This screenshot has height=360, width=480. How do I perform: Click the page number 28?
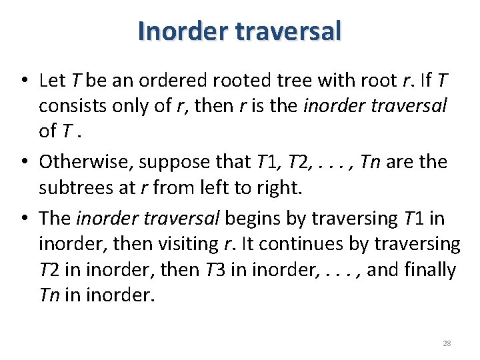click(447, 343)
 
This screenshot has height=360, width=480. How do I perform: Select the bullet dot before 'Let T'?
click(23, 81)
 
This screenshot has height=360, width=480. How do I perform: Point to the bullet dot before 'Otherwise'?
click(23, 162)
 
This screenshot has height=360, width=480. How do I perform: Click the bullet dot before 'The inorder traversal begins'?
click(23, 219)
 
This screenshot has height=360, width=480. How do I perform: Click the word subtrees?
click(73, 188)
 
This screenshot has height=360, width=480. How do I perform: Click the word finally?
click(423, 270)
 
